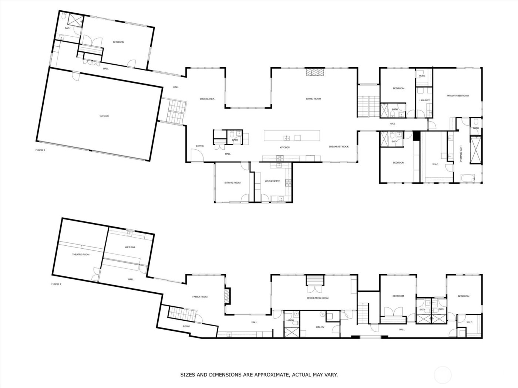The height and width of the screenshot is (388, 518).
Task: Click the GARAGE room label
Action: tap(104, 116)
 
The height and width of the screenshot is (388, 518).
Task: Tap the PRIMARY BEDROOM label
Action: tap(457, 96)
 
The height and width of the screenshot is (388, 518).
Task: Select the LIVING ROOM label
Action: tap(313, 99)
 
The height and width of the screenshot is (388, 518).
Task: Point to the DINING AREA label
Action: tap(207, 99)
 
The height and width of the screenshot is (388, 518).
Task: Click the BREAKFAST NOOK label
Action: tap(339, 147)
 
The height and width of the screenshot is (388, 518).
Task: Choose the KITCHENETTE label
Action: tap(272, 181)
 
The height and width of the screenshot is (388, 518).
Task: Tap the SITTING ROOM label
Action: tap(232, 183)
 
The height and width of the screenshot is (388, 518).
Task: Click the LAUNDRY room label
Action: tap(424, 100)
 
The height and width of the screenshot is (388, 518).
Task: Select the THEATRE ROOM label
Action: tap(80, 254)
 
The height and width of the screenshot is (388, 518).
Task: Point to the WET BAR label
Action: tap(130, 247)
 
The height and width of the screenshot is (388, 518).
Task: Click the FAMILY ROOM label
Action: tap(200, 297)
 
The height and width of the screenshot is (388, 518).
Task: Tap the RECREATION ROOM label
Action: tap(317, 298)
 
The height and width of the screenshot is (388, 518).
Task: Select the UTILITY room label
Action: tap(320, 327)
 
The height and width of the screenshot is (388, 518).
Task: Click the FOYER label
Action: tap(200, 146)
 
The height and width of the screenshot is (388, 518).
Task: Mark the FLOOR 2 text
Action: tap(40, 150)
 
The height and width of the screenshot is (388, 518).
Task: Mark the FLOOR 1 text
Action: tap(56, 284)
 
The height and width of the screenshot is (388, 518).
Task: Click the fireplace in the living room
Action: tap(314, 72)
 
